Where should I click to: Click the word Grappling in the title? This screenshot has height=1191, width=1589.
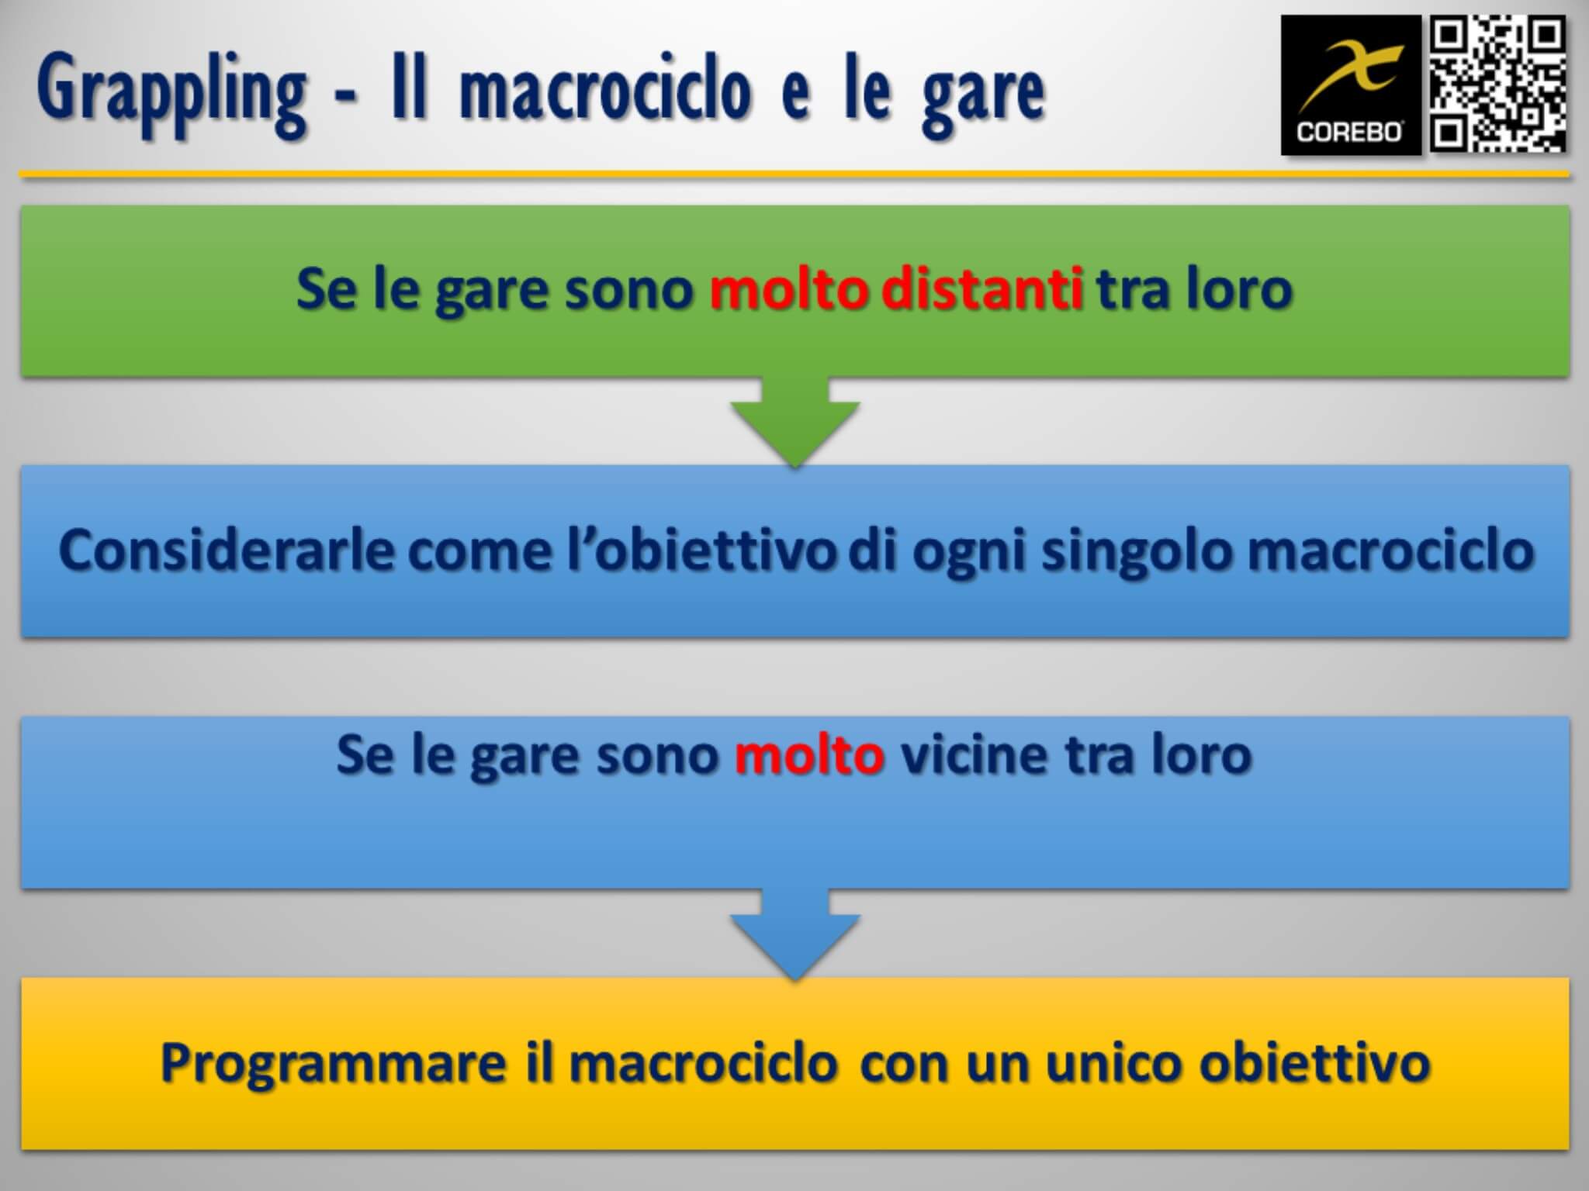pyautogui.click(x=171, y=95)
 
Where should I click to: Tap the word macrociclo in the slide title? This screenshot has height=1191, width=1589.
pyautogui.click(x=606, y=91)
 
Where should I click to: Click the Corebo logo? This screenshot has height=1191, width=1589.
pyautogui.click(x=1351, y=85)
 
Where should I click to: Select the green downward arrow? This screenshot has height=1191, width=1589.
pyautogui.click(x=794, y=422)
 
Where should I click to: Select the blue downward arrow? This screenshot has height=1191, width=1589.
pyautogui.click(x=794, y=934)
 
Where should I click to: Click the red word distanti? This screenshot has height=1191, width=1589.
pyautogui.click(x=982, y=289)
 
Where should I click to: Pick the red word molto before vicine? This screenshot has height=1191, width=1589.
pyautogui.click(x=809, y=754)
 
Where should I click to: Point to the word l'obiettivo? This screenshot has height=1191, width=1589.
pyautogui.click(x=701, y=551)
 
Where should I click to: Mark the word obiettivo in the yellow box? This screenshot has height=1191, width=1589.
pyautogui.click(x=1314, y=1062)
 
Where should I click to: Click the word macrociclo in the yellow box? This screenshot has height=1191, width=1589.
pyautogui.click(x=703, y=1062)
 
